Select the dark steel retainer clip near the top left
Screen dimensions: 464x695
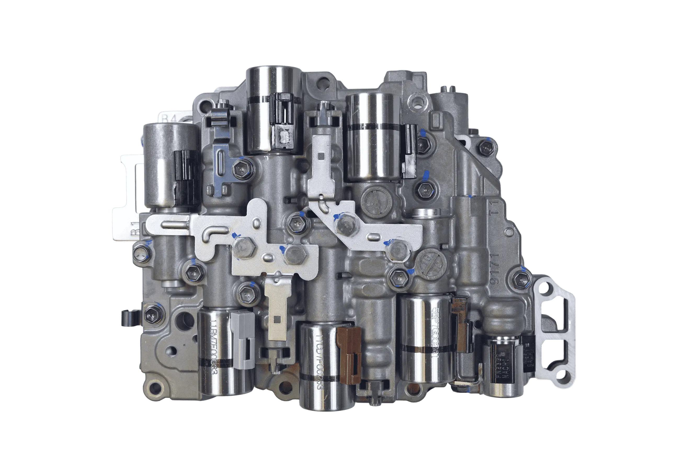click(220, 154)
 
